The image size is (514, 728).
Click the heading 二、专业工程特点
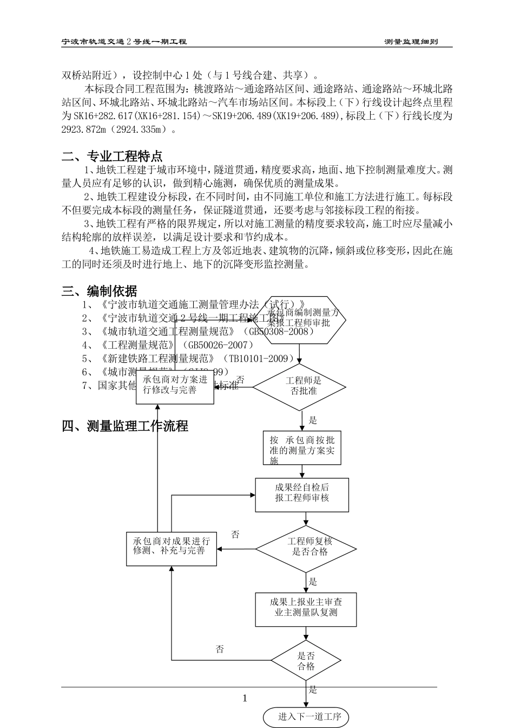[x=112, y=157]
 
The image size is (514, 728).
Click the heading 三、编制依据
[x=100, y=291]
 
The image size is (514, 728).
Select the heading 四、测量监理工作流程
[x=125, y=426]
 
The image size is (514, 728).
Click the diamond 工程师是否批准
[x=300, y=386]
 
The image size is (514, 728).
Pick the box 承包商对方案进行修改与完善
[x=175, y=387]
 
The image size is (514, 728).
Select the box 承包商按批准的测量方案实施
[x=302, y=449]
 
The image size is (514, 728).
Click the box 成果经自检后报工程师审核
[x=302, y=495]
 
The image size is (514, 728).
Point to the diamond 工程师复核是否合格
[x=306, y=549]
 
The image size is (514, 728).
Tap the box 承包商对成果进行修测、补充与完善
[x=172, y=548]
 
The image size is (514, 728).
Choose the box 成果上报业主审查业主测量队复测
[x=306, y=609]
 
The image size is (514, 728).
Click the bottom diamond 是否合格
[x=306, y=660]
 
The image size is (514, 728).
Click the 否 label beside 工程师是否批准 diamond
[x=240, y=380]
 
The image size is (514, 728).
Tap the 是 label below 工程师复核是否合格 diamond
[x=313, y=582]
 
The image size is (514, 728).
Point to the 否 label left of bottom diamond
[x=220, y=649]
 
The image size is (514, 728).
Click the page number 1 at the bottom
[x=245, y=698]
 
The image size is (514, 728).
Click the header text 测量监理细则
[x=411, y=42]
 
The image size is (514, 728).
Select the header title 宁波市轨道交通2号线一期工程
[x=124, y=42]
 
